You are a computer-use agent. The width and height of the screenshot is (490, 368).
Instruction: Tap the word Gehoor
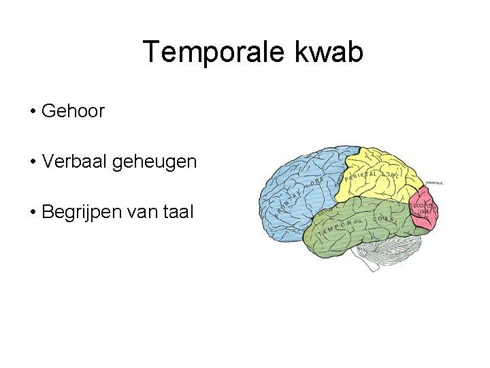(x=73, y=111)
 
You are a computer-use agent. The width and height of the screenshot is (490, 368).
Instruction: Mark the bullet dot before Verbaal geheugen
(x=33, y=162)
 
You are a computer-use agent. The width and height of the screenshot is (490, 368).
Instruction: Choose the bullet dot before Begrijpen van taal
(x=33, y=213)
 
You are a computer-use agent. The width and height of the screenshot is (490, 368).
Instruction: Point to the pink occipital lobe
(x=425, y=211)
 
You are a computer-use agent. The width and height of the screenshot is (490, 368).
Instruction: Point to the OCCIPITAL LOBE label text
(x=423, y=209)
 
